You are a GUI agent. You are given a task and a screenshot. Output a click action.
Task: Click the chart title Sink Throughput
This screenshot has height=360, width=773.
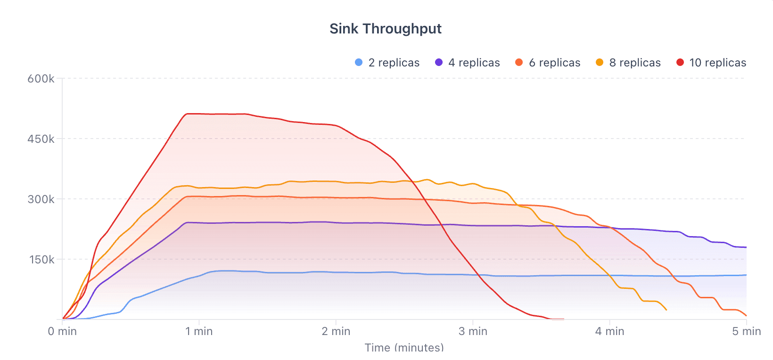coord(385,29)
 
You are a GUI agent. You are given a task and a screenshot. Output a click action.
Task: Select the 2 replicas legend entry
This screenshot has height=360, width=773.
coord(387,63)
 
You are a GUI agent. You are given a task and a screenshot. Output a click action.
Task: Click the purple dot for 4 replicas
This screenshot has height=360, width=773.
coord(439,63)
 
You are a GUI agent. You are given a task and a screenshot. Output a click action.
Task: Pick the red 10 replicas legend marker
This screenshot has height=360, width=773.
coord(680,63)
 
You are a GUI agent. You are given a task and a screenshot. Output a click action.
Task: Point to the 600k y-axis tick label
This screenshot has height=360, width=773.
coord(41,79)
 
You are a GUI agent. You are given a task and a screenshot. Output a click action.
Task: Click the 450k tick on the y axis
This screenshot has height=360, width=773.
coord(41,139)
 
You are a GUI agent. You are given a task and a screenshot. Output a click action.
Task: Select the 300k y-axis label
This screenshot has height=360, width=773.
coord(41,199)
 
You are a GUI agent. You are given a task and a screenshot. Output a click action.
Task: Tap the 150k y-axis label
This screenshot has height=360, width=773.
coord(41,260)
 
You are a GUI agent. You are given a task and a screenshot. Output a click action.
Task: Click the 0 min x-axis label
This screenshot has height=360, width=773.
coord(62,331)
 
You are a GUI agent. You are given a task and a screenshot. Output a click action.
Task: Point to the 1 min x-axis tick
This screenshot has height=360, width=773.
coord(199,331)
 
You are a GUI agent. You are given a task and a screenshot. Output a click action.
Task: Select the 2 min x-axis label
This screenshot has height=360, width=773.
coord(336,331)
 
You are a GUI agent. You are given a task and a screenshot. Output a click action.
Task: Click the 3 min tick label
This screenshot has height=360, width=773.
coord(473,331)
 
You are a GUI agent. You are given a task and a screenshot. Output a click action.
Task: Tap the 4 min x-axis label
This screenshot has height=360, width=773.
coord(609,331)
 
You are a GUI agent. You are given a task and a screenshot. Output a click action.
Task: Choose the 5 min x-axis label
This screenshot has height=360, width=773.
coord(746,331)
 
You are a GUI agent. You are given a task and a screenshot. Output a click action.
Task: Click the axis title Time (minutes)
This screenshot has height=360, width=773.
coord(404,348)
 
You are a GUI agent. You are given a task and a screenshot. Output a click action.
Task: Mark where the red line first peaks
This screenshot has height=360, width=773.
coord(188,114)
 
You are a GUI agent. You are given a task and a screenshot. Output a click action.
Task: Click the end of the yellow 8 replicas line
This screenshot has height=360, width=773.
coord(666,310)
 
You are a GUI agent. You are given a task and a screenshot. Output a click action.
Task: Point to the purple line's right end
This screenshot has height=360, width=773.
coord(746,247)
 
